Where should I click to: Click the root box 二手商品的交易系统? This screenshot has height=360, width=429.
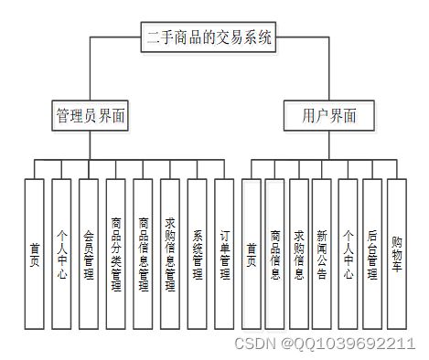coord(209,37)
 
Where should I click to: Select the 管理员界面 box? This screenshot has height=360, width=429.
coord(91,116)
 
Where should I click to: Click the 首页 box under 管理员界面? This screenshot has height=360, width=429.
coord(35,253)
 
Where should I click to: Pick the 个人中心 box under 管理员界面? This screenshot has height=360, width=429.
coord(61,253)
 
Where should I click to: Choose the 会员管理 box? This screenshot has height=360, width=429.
coord(89,253)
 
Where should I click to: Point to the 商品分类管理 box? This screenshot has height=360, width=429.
coord(116,253)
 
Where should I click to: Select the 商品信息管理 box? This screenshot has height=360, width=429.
coord(144,253)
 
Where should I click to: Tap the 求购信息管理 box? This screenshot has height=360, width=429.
coord(170,253)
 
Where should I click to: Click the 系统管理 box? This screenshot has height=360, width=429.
coord(198,253)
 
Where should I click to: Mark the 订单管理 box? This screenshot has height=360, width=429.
coord(225,253)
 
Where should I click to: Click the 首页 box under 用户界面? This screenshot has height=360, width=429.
coord(252,253)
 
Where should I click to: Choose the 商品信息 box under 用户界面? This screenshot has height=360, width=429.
coord(275,253)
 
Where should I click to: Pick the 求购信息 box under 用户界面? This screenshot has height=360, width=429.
coord(299,253)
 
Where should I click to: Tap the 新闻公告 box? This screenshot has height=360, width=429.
coord(322,253)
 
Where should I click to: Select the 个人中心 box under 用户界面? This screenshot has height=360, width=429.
coord(348,253)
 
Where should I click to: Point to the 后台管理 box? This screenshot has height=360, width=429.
coord(372,253)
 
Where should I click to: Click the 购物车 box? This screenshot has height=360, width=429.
coord(396,253)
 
